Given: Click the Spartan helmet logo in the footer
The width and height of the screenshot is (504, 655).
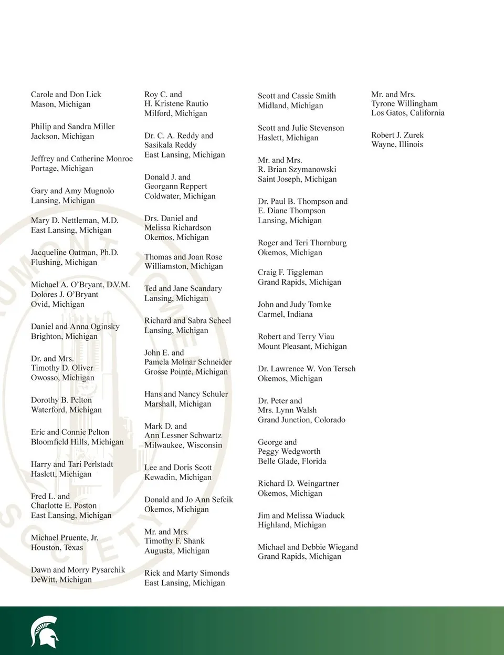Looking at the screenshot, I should click(x=44, y=631).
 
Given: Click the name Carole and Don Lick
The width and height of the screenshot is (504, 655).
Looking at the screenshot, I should click(x=66, y=95).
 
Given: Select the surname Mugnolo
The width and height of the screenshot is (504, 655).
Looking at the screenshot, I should click(x=99, y=191).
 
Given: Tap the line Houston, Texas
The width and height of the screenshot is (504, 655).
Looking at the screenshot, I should click(x=57, y=547).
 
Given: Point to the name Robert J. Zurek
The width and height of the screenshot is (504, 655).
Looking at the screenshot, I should click(x=397, y=135).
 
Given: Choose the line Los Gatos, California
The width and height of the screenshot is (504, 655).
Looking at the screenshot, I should click(x=408, y=113).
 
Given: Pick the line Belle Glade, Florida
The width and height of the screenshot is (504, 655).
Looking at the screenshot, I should click(x=292, y=461).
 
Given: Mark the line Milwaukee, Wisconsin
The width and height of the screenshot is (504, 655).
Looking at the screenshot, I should click(x=183, y=445).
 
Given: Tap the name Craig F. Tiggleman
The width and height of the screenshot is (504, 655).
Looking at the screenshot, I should click(x=290, y=272).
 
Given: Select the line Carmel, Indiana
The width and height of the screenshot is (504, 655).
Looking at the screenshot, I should click(x=285, y=314).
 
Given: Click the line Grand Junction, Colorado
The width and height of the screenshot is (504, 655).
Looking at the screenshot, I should click(x=301, y=420).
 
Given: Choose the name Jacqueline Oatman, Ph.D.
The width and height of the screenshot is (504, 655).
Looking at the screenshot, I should click(x=75, y=253).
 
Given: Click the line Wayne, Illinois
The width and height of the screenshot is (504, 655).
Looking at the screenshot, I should click(x=397, y=144).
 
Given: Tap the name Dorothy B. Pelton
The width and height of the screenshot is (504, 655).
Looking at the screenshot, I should click(x=61, y=400).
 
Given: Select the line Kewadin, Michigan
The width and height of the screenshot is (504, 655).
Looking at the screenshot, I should click(x=178, y=477).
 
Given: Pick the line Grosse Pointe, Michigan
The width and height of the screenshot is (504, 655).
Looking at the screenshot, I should click(x=186, y=371).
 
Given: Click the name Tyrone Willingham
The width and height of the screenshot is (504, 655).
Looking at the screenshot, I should click(x=404, y=103).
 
